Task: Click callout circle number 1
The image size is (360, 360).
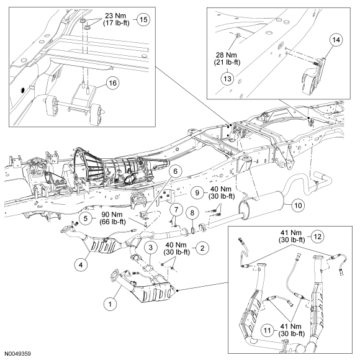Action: (110, 304)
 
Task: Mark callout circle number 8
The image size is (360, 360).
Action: (193, 212)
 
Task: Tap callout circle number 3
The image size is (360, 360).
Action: (150, 248)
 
